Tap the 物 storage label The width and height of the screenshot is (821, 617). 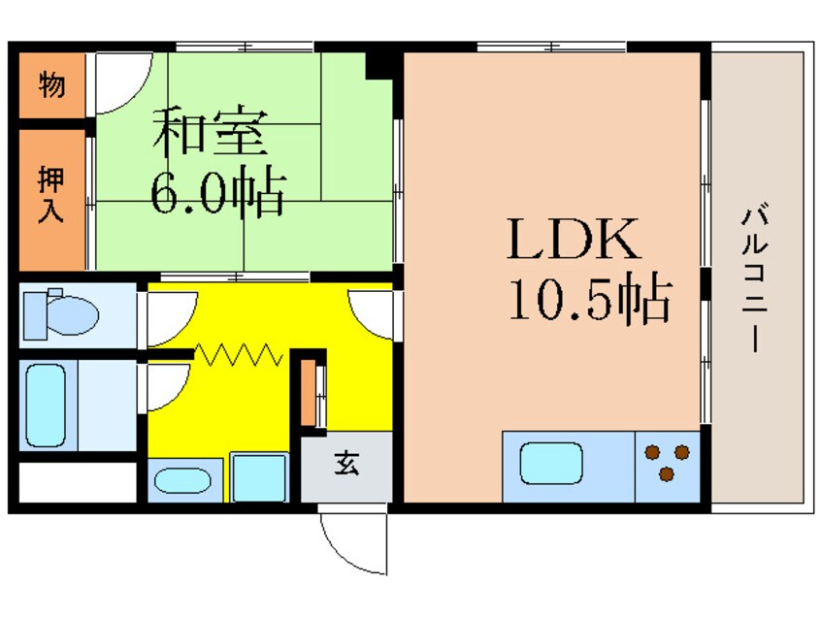(x=52, y=86)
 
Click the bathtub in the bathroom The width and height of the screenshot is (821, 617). (x=47, y=406)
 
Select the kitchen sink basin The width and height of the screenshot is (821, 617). (x=551, y=463)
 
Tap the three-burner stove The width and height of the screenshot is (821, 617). (x=668, y=461)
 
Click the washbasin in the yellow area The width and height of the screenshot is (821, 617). (x=187, y=480)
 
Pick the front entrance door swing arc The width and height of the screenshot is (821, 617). (x=351, y=543)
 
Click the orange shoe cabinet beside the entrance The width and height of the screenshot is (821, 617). (x=309, y=393)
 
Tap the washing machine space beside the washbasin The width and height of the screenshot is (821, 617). (x=259, y=477)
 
